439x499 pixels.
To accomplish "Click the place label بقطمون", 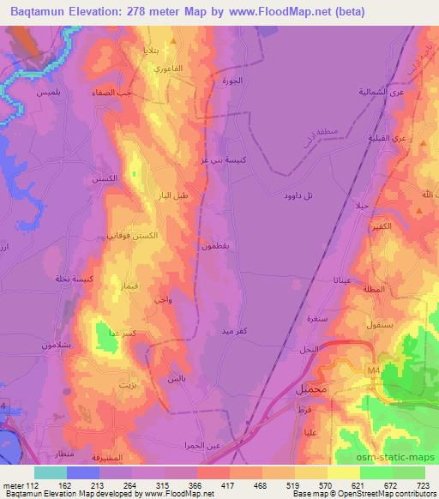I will pos(215,246).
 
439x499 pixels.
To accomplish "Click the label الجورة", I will pos(244,81).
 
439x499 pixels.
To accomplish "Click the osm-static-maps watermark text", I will pos(402,456).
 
